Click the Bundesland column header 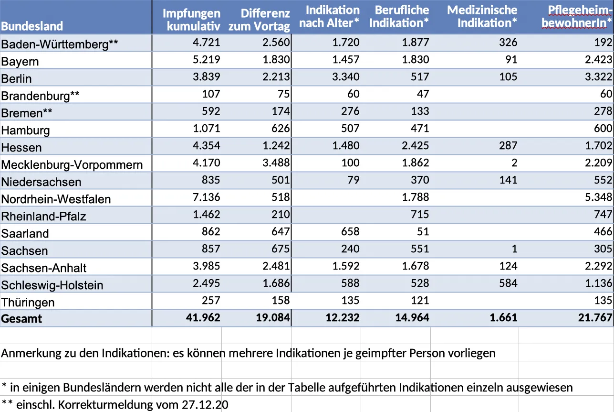pos(32,26)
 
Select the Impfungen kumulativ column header pos(191,20)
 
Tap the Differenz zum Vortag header pos(259,20)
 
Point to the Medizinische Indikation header pos(482,16)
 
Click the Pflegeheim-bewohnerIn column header pos(577,16)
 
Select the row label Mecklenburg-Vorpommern pos(72,165)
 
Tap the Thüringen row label pos(28,303)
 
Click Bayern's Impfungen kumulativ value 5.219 pos(207,60)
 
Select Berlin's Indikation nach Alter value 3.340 pos(346,76)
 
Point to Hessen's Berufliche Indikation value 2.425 pos(415,146)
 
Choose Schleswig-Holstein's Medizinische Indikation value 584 pos(508,283)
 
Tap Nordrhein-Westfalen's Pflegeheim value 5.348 pos(598,197)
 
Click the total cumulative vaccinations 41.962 pos(203,317)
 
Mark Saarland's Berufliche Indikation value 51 pos(423,231)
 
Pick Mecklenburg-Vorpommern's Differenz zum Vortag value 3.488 pos(276,163)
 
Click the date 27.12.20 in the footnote pos(205,405)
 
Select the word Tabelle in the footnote pos(306,388)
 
